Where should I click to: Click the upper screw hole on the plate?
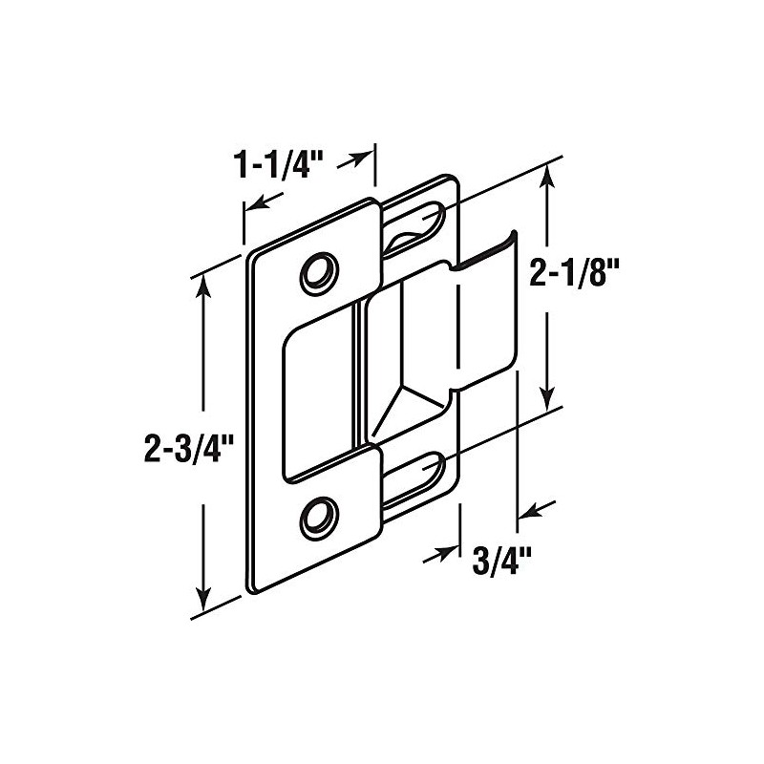coord(316,272)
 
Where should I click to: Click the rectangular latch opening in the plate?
coord(320,396)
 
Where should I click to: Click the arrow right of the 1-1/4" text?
coord(357,159)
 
